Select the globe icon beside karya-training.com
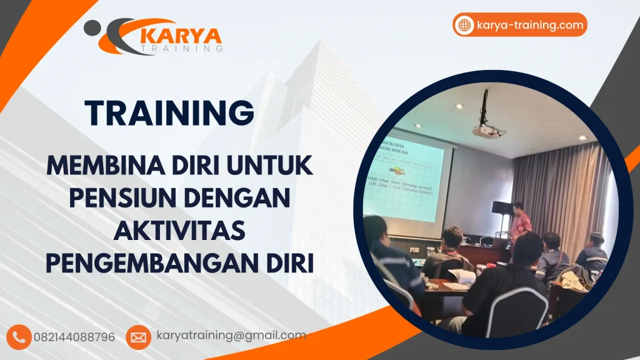click(464, 25)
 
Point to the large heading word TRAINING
click(171, 113)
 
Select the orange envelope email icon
click(138, 337)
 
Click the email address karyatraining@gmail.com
click(231, 336)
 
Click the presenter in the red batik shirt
click(519, 222)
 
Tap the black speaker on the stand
click(501, 209)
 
